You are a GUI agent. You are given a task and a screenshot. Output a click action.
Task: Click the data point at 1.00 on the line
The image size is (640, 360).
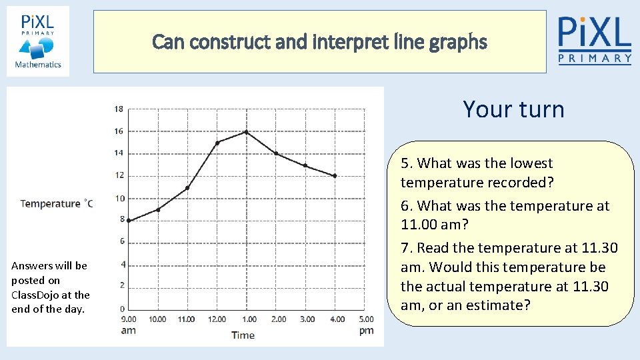tap(246, 132)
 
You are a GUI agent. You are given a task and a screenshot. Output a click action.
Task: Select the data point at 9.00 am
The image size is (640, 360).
tap(128, 221)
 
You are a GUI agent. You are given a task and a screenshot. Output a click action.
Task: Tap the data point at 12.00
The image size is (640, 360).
tap(217, 143)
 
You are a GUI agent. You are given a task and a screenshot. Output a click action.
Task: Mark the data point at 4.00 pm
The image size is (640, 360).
tap(335, 176)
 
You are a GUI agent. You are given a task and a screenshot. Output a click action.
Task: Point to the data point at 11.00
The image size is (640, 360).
tap(187, 188)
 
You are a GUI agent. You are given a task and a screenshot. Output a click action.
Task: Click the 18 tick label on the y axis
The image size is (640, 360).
tap(119, 109)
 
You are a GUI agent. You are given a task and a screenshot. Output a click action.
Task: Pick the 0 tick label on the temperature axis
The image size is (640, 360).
tap(121, 309)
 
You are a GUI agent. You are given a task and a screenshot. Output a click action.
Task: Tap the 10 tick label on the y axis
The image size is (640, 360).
tap(119, 199)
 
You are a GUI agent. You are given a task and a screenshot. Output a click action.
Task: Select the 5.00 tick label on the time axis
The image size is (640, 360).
tap(366, 319)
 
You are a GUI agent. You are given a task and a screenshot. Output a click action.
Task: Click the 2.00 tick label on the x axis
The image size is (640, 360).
tap(278, 319)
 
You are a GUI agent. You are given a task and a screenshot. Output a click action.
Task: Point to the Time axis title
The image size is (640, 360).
tap(243, 335)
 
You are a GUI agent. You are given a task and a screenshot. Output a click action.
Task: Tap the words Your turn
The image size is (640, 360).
tap(513, 109)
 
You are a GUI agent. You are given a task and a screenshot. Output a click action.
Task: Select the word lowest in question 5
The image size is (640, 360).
tap(530, 163)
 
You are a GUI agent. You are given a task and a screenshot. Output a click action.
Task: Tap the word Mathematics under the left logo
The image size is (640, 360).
tap(38, 65)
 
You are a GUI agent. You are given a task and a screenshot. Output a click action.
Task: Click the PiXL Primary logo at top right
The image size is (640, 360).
tap(595, 40)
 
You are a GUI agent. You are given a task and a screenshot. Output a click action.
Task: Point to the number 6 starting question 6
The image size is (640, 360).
tap(405, 206)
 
